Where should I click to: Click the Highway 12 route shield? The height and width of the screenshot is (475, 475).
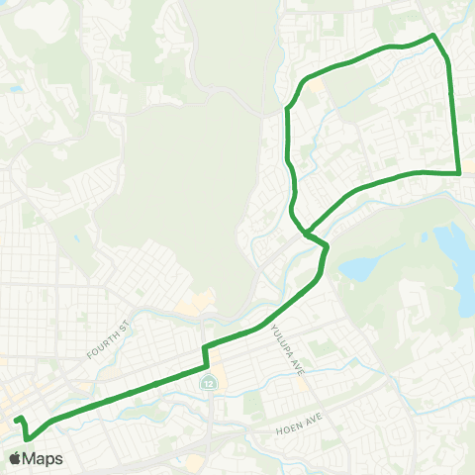(208, 382)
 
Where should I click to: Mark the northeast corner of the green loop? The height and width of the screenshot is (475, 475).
(433, 36)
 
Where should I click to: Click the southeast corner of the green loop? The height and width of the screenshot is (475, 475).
(460, 173)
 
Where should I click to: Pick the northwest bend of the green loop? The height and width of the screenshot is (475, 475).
(288, 106)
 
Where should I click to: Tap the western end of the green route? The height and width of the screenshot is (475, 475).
(16, 421)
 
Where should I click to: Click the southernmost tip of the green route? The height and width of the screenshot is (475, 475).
(27, 438)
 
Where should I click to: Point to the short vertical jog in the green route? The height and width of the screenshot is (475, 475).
(204, 355)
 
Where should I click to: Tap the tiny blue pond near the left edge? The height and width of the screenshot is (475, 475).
(17, 89)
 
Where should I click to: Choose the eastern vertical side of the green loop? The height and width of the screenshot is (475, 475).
(454, 109)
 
